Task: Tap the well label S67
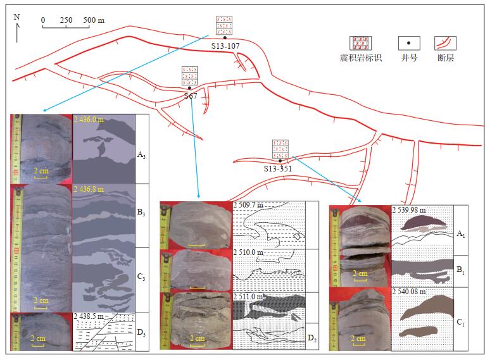(x=191, y=95)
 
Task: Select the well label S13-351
(x=279, y=169)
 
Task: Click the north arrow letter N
(x=16, y=16)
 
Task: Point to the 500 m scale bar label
(x=94, y=20)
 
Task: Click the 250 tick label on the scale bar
(x=66, y=20)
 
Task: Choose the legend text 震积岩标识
(x=361, y=58)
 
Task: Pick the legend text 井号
(x=409, y=58)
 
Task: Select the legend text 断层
(x=446, y=58)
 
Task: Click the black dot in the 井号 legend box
(x=409, y=43)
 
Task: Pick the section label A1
(x=460, y=234)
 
